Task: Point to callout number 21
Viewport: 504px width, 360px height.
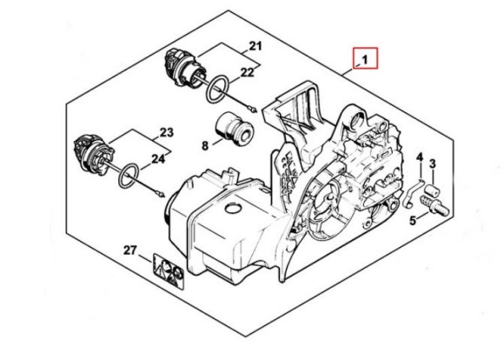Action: [x=255, y=45]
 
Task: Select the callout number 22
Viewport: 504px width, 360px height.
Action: [x=249, y=72]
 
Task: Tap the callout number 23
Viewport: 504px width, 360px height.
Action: [x=167, y=132]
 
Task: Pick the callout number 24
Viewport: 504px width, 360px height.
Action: [x=159, y=159]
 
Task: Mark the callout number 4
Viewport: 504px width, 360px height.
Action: [x=419, y=158]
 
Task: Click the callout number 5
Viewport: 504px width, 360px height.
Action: [x=413, y=220]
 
